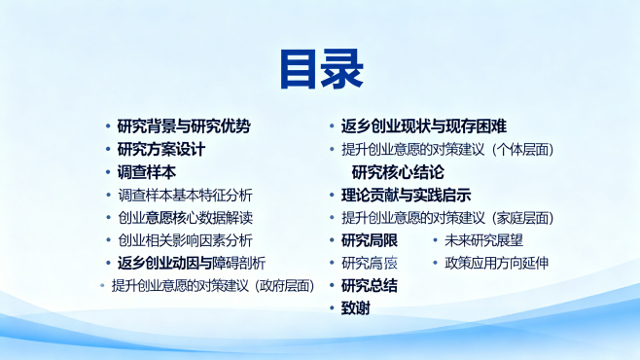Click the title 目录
coord(320,69)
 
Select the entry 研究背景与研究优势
coord(183,126)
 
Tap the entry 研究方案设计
coord(160,149)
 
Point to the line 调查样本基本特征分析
coord(184,195)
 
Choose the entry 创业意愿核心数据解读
coord(184,217)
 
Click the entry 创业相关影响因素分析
coord(184,240)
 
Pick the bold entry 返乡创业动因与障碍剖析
coord(191,263)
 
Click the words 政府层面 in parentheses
coord(286,285)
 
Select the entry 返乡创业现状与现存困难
coord(423,126)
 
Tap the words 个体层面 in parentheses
coord(523,150)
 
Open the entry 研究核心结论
coord(398,172)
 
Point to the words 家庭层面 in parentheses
coord(523,217)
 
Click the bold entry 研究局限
coord(369,240)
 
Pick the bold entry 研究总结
coord(369,285)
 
